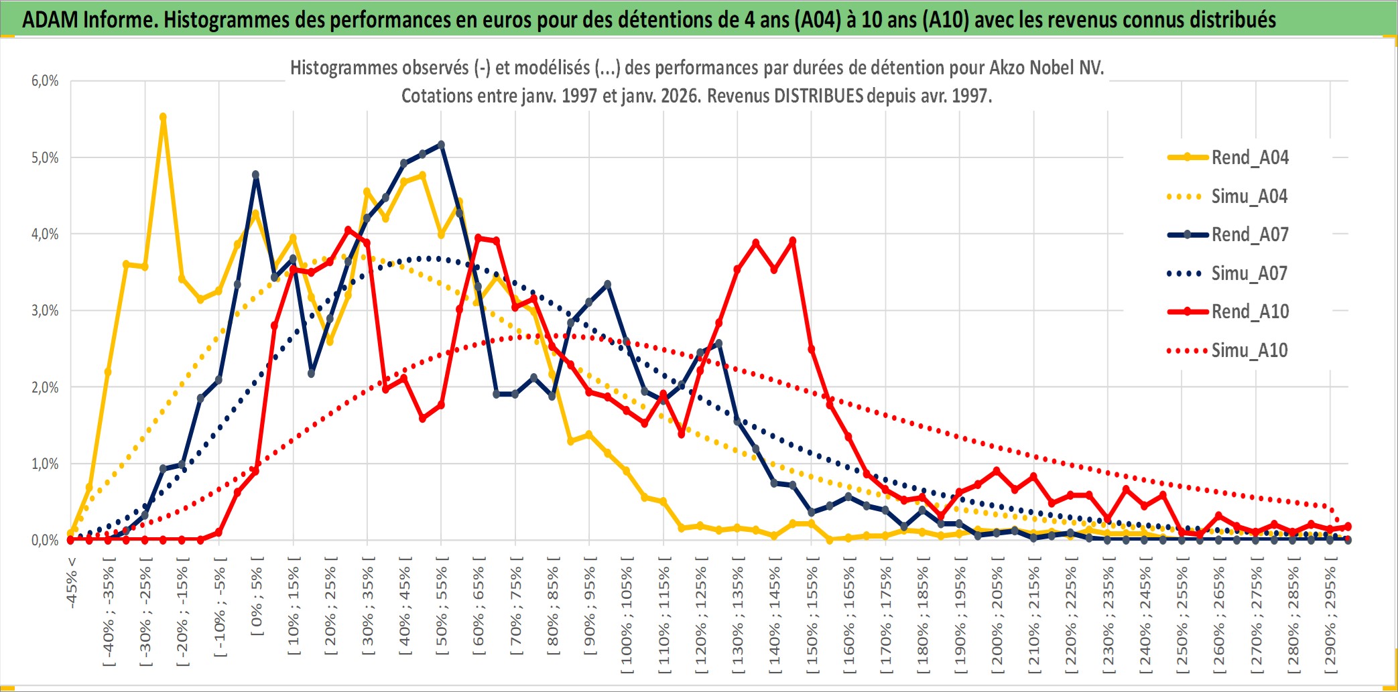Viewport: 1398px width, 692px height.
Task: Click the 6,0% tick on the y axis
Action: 45,81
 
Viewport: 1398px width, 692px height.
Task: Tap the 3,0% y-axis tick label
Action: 45,311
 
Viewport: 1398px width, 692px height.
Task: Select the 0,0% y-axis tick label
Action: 45,540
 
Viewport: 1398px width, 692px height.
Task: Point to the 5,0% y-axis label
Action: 45,158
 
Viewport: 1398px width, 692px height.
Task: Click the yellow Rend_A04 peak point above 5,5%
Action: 163,117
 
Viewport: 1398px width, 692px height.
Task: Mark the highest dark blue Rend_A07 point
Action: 441,144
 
